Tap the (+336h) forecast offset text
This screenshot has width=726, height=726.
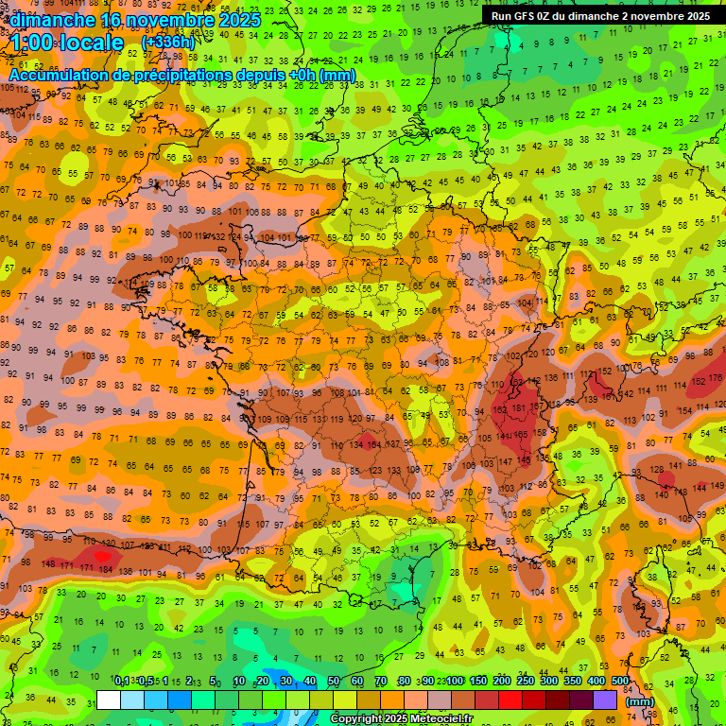tap(168, 43)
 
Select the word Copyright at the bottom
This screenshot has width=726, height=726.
tap(357, 719)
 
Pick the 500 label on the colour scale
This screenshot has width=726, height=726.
tap(620, 681)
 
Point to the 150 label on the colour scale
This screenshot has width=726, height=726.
tap(478, 681)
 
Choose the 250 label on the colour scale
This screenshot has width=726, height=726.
tap(526, 681)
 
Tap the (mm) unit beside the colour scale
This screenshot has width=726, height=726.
tap(641, 702)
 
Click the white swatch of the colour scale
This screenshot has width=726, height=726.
tap(109, 700)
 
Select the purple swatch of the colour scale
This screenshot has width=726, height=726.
tap(605, 700)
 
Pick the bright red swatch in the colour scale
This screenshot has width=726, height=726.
tap(510, 700)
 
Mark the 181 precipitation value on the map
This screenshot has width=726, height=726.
tap(518, 408)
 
